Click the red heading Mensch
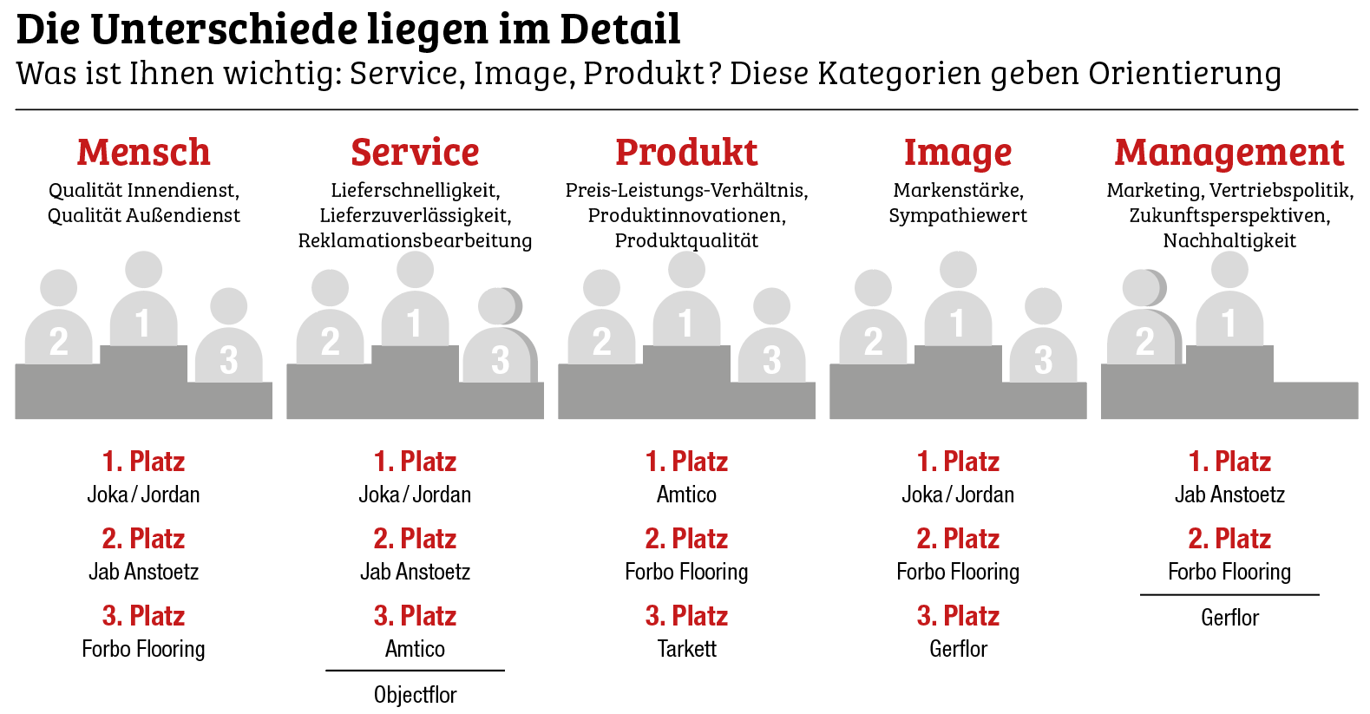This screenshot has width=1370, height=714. (x=143, y=153)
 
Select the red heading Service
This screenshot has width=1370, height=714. (x=415, y=153)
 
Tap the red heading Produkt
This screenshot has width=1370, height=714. (x=686, y=153)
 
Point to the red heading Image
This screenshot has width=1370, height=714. (x=958, y=153)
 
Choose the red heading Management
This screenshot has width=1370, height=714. (x=1229, y=153)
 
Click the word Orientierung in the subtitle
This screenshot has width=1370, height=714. (x=1184, y=74)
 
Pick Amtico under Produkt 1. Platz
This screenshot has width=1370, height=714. (x=686, y=495)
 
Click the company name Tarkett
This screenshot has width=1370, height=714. (x=686, y=649)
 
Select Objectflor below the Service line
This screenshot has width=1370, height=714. (x=415, y=695)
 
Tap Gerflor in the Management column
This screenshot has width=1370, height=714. (x=1229, y=618)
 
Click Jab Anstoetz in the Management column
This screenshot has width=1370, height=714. (x=1229, y=495)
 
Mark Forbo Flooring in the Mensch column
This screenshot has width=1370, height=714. (x=143, y=649)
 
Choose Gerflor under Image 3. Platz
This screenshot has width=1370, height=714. (x=958, y=649)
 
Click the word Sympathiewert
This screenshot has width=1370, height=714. (x=958, y=215)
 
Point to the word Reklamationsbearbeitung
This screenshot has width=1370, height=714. (x=415, y=240)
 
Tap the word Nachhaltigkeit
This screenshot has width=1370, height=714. (x=1229, y=240)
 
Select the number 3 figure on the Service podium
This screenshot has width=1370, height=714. (x=500, y=343)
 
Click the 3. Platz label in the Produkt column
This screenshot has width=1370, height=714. (x=686, y=616)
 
